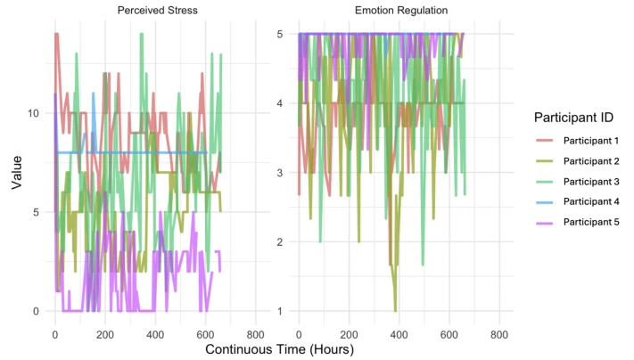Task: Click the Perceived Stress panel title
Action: click(x=157, y=11)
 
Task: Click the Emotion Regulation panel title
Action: click(x=401, y=11)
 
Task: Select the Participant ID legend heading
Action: click(x=573, y=118)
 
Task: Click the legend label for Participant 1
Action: click(x=591, y=141)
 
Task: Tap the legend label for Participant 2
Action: click(x=591, y=161)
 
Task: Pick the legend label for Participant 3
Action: click(x=591, y=182)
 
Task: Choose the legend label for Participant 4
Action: click(x=591, y=201)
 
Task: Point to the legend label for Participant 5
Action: click(x=591, y=222)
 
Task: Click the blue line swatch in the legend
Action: click(x=544, y=202)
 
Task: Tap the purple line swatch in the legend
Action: click(x=544, y=223)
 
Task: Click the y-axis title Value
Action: click(x=17, y=173)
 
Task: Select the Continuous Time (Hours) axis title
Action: click(x=279, y=349)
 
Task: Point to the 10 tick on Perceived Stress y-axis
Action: click(x=33, y=113)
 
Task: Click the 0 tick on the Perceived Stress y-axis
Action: click(x=36, y=312)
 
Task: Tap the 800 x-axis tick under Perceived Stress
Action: click(x=255, y=335)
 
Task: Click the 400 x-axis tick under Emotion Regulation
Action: click(x=399, y=335)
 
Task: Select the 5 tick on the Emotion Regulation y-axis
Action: click(x=280, y=34)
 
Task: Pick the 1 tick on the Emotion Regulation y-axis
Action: click(x=280, y=312)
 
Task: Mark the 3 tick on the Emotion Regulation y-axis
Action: click(x=280, y=173)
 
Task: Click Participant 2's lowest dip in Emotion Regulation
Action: click(x=395, y=311)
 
